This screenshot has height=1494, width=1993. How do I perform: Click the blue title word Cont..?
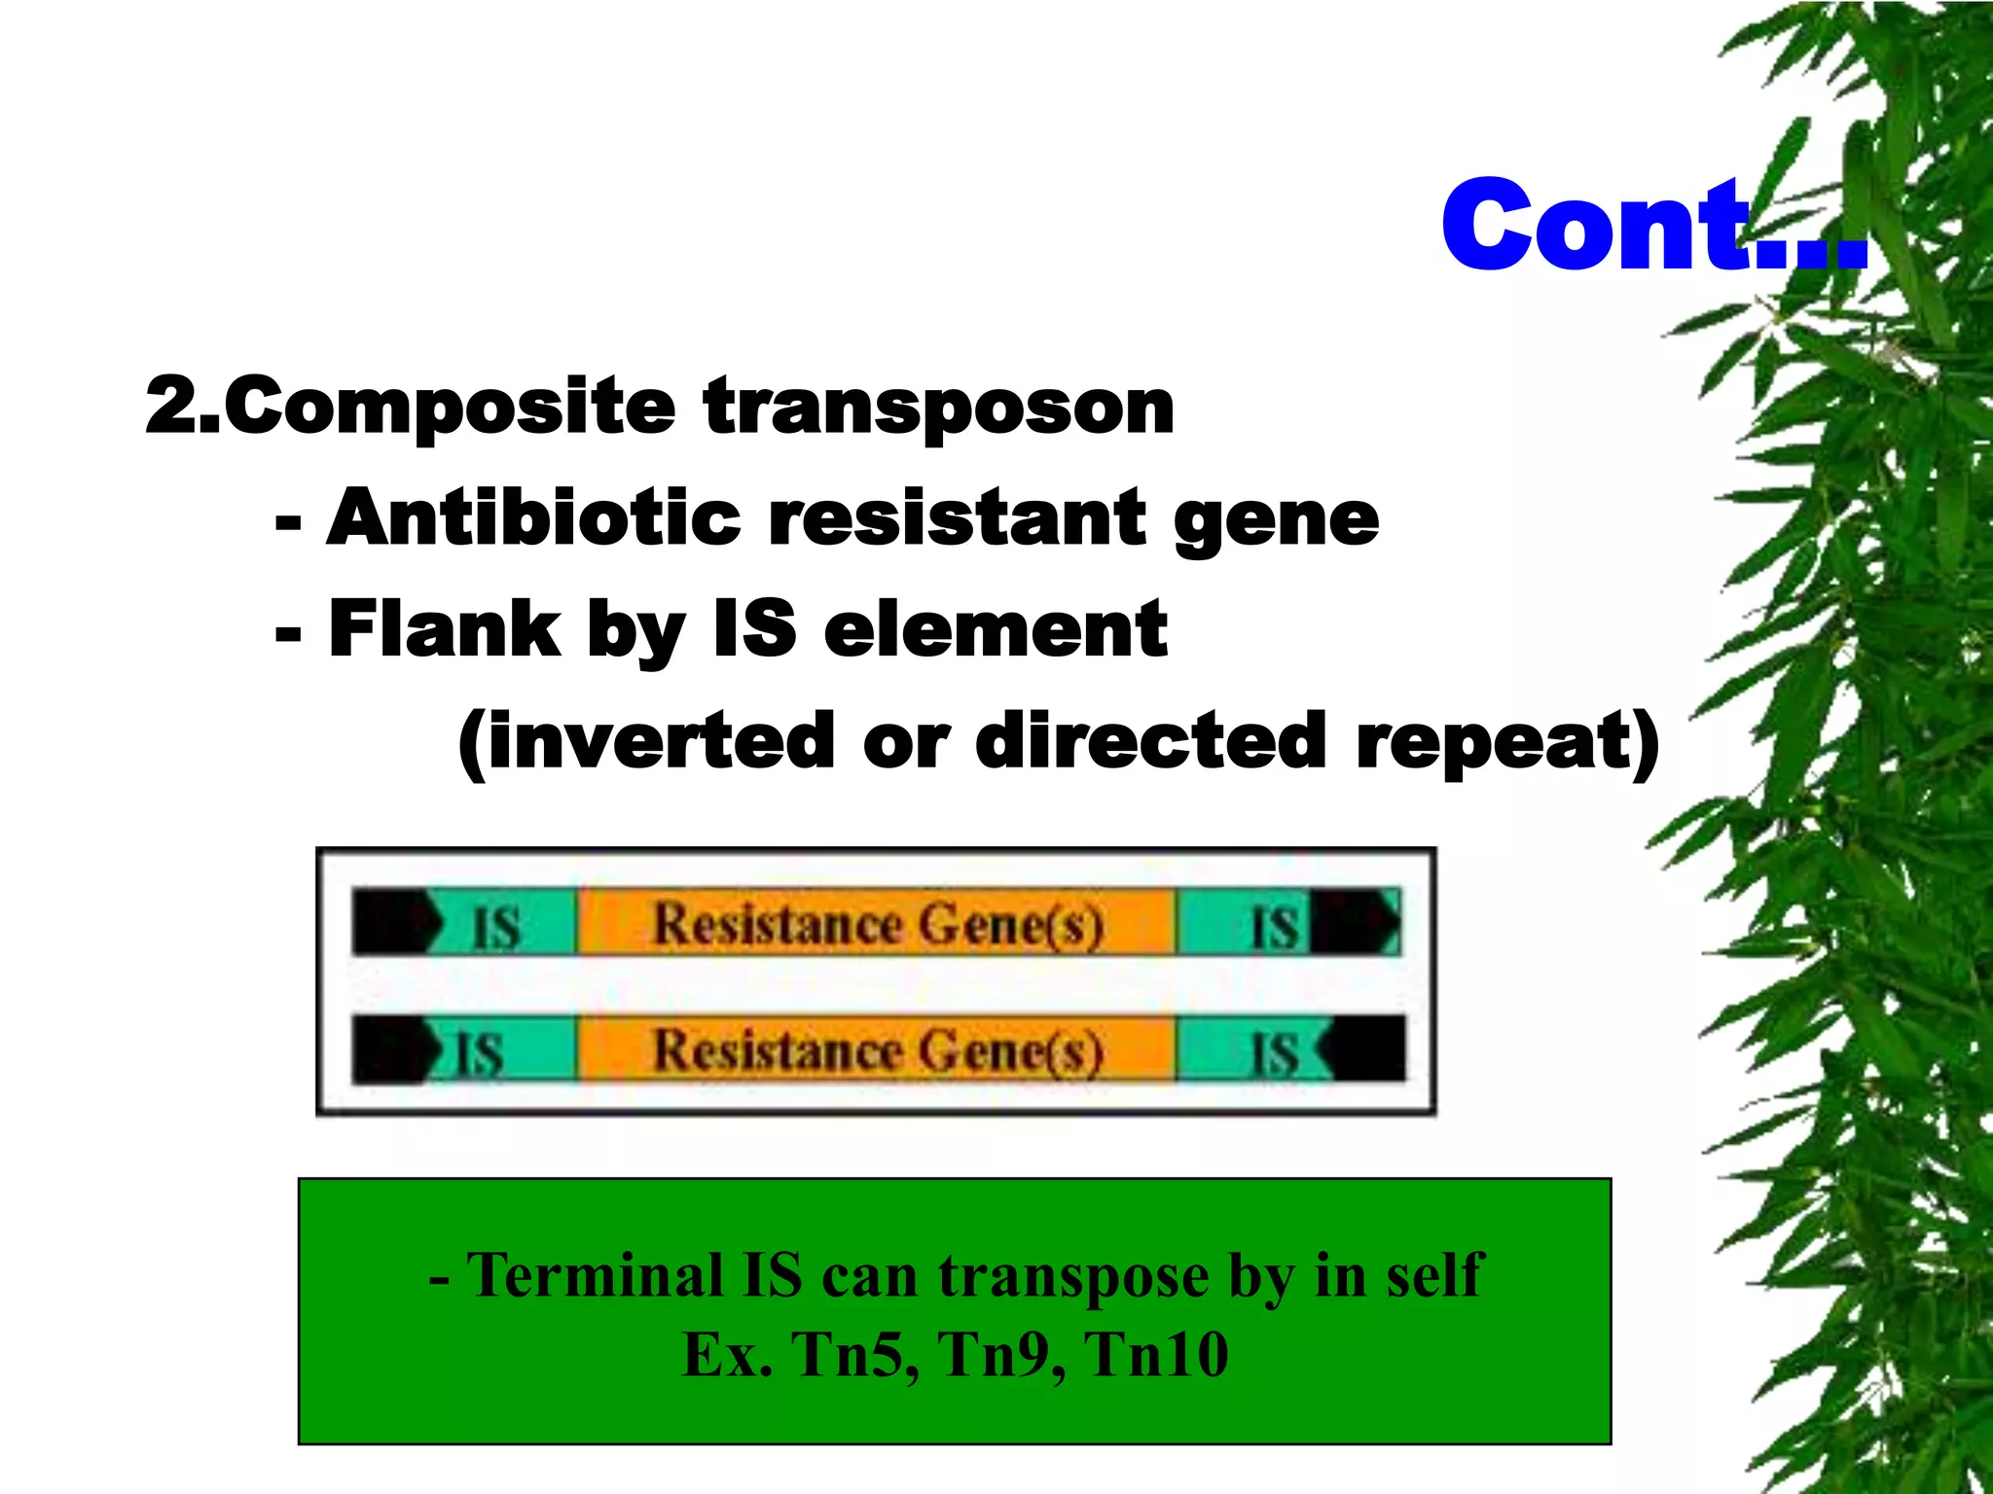click(x=1606, y=226)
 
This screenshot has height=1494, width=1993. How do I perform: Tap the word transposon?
click(x=939, y=408)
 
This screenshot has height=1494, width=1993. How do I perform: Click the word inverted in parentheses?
click(x=647, y=741)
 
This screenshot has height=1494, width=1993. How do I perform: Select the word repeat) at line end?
click(x=1508, y=741)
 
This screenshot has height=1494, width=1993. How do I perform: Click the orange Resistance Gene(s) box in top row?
click(x=876, y=922)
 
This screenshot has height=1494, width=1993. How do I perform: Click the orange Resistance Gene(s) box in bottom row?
click(x=876, y=1049)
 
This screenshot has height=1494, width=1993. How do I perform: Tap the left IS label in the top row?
click(x=496, y=926)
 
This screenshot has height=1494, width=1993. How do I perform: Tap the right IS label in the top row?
click(x=1274, y=926)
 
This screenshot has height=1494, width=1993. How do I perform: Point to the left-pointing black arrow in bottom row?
click(x=1362, y=1049)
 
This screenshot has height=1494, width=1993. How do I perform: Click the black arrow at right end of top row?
click(x=1358, y=921)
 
